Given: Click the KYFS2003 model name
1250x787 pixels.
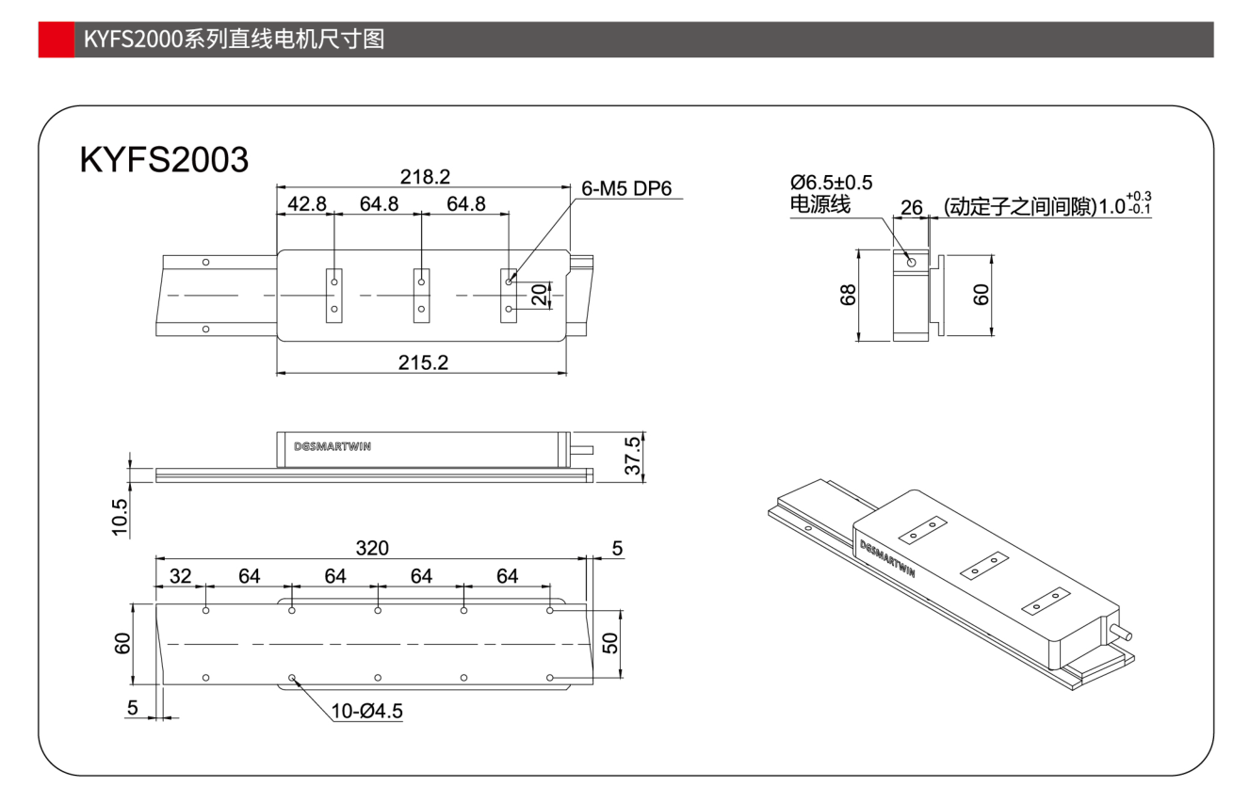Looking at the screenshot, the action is tap(164, 159).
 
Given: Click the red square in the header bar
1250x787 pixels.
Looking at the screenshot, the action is tap(57, 39).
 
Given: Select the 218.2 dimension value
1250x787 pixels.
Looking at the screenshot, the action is tap(425, 177).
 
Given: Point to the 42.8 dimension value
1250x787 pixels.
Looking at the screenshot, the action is tap(307, 203).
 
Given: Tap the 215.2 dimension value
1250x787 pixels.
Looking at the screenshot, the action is tap(423, 362).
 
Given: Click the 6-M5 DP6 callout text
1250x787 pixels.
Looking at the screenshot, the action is tap(626, 188).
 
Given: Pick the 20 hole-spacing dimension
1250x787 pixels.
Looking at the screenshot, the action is tap(539, 295).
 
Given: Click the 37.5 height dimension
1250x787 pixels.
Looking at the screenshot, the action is tap(632, 457).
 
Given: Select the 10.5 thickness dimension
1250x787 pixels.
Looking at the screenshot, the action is tap(120, 517).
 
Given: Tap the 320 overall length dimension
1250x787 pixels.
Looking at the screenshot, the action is tap(372, 548).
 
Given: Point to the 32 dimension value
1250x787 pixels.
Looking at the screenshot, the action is tap(180, 575).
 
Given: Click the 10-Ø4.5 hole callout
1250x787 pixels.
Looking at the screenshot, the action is tap(366, 711).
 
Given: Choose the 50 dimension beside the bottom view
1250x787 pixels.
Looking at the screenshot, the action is tap(610, 643).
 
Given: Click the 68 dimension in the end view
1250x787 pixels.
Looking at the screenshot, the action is tap(848, 295).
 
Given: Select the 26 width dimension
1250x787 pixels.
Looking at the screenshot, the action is tap(911, 207).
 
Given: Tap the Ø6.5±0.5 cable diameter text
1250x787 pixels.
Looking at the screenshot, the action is tap(831, 183).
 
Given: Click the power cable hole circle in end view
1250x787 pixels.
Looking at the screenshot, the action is tap(911, 262).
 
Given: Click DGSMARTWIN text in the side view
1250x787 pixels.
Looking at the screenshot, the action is tap(332, 446).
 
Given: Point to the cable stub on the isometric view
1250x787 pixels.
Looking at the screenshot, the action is tap(1121, 632).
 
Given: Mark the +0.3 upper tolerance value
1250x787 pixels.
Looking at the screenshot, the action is tap(1139, 197).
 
